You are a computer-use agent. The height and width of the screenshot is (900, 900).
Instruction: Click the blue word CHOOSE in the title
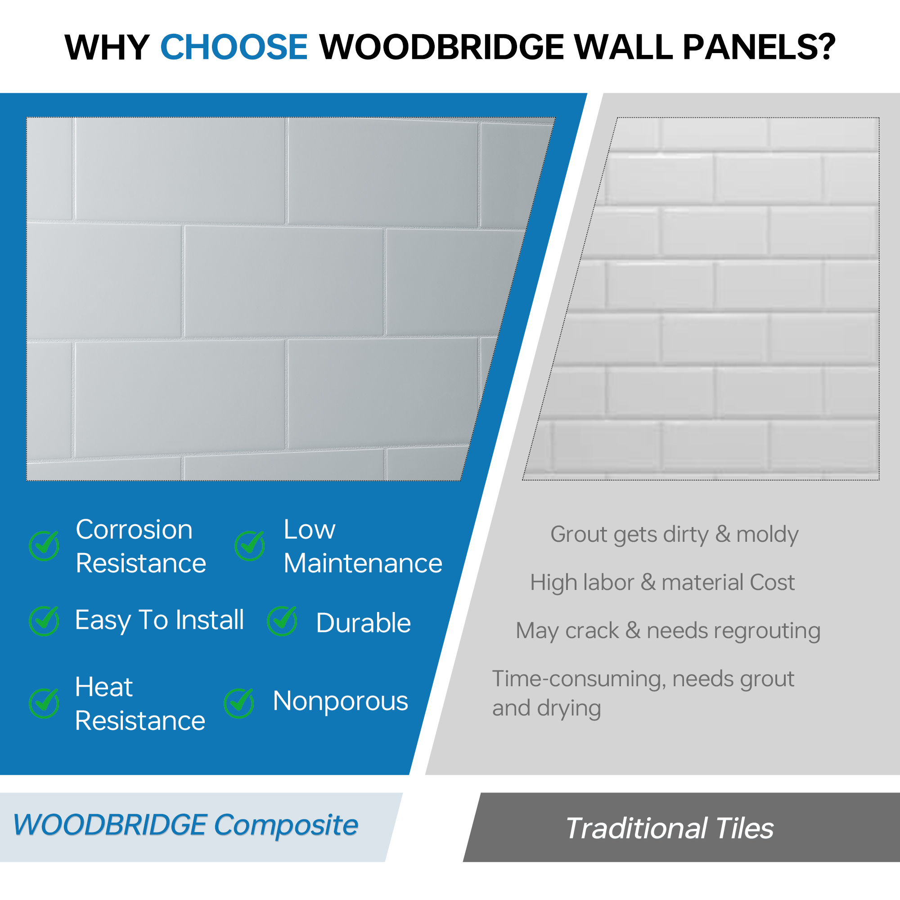tap(234, 47)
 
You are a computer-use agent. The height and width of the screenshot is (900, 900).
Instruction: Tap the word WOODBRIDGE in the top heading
tap(441, 47)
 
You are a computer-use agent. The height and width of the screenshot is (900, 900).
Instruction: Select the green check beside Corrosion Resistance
tap(44, 545)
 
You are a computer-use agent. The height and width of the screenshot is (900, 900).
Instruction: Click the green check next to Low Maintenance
tap(250, 545)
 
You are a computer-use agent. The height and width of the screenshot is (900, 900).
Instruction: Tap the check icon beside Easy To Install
tap(44, 621)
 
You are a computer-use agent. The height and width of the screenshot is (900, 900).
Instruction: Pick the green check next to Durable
tap(282, 621)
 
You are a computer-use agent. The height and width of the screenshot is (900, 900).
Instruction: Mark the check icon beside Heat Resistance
tap(44, 703)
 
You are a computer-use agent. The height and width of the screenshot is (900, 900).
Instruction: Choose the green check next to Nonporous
tap(239, 703)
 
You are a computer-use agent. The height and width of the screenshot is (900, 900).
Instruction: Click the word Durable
tap(363, 623)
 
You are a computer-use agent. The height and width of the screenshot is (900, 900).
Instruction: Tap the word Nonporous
tap(341, 702)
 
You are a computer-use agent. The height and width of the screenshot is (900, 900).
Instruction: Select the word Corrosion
tap(134, 530)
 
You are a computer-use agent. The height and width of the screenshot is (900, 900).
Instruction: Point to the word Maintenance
tap(363, 563)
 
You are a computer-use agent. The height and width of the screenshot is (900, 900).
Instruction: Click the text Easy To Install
tap(160, 621)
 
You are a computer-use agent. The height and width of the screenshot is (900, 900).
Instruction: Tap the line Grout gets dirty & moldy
tap(675, 534)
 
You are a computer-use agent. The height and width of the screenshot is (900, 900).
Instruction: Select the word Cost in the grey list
tap(772, 582)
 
